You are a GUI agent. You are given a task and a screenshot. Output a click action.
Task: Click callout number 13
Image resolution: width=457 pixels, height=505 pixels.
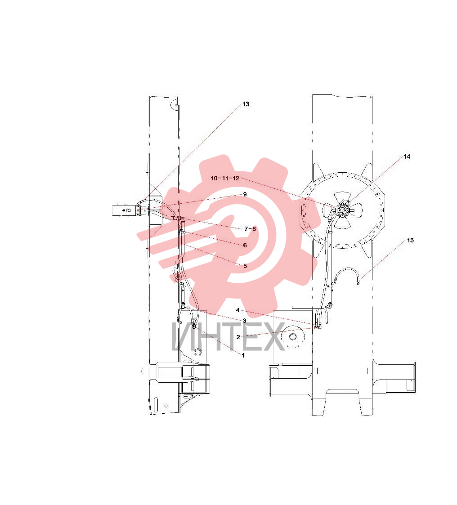(x=246, y=104)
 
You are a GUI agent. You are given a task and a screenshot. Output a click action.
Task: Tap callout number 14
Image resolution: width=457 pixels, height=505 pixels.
(x=407, y=156)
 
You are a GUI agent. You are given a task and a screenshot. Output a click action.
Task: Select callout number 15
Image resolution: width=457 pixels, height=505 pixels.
(x=410, y=240)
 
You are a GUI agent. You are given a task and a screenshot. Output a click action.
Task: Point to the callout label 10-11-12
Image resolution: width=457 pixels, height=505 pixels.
(x=225, y=178)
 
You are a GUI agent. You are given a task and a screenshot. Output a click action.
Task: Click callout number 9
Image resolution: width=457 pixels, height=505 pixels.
(x=245, y=194)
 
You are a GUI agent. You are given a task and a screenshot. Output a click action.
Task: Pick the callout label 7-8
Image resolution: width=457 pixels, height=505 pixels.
(x=250, y=229)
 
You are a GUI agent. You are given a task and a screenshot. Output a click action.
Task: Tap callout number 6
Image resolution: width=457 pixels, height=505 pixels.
(x=245, y=246)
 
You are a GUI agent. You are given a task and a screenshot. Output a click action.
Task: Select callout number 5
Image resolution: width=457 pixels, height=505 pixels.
(x=245, y=266)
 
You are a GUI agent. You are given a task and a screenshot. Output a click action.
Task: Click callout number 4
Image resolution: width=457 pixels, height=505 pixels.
(x=237, y=310)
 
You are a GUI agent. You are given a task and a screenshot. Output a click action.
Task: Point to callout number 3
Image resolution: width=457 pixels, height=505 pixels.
(x=244, y=321)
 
